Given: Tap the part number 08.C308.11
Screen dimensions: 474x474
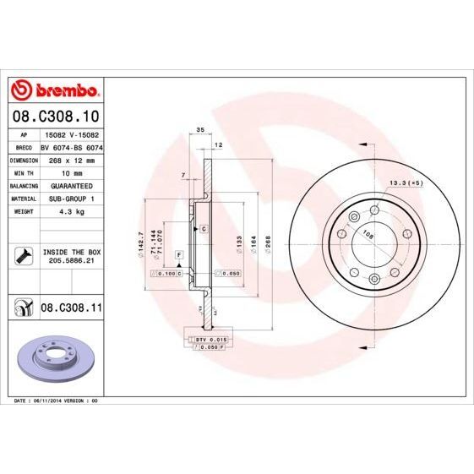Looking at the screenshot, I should coord(71,308).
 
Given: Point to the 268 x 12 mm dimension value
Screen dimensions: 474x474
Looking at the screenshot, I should coord(71,159).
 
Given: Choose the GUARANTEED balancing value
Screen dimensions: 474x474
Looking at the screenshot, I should coord(71,185).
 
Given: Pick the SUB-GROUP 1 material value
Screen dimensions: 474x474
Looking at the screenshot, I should coord(71,199).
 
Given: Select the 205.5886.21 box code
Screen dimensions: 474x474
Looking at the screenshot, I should coord(71,263).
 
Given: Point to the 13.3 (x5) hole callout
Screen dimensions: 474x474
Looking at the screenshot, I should coord(405,183).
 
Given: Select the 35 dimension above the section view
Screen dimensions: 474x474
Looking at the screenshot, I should coord(200,129).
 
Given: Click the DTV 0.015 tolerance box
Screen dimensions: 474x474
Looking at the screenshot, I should coord(209,339).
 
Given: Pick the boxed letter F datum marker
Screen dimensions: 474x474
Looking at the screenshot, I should coord(179,253).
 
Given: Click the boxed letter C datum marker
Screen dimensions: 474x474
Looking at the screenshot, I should coord(204,229).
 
